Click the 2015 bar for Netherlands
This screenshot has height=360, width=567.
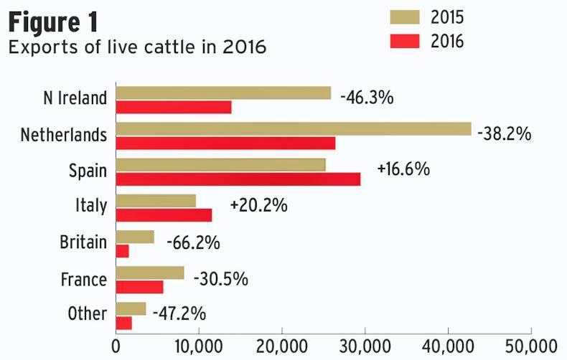tap(293, 128)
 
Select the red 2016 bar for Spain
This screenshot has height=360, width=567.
tap(238, 179)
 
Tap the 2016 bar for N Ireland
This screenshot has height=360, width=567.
tap(173, 107)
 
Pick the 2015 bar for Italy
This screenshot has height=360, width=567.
tap(156, 200)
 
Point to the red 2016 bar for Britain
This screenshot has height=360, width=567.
tap(122, 251)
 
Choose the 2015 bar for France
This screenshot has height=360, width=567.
tap(149, 273)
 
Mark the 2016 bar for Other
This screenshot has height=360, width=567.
tap(123, 323)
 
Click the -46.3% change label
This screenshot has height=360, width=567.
tap(366, 97)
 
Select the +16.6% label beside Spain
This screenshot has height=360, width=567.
tap(403, 169)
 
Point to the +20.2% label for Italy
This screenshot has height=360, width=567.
tap(258, 205)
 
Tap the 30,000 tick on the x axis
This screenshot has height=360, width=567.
tap(365, 346)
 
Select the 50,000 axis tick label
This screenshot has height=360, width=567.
tap(531, 346)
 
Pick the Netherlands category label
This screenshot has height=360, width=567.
tap(64, 135)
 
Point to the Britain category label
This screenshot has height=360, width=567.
tap(83, 242)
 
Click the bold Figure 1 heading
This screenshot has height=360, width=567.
tap(53, 23)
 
